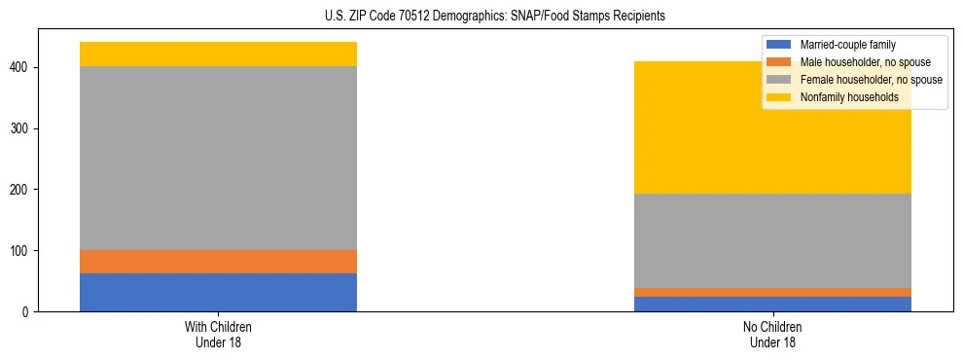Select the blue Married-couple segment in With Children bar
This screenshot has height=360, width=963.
click(x=218, y=292)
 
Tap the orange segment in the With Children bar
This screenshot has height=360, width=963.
click(x=218, y=262)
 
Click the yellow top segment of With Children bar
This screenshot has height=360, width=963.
click(x=218, y=54)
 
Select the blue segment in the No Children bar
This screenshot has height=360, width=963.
click(x=772, y=304)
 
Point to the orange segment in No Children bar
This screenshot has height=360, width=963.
click(x=772, y=292)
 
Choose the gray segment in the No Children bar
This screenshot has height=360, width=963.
click(x=772, y=240)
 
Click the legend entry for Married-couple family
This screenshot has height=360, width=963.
click(x=847, y=45)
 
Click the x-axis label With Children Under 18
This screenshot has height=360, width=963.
click(x=218, y=334)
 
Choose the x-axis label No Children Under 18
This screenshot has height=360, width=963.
click(x=772, y=334)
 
